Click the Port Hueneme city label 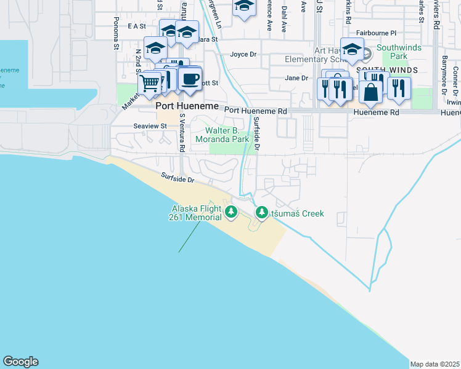[187, 106]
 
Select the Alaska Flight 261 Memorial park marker [231, 213]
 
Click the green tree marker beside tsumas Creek [261, 213]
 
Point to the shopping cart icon [150, 82]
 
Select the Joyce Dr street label [243, 54]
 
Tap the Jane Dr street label [296, 78]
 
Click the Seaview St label [150, 126]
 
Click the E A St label [136, 26]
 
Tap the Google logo [20, 362]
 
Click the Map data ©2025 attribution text [434, 364]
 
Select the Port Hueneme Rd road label [256, 111]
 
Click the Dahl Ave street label [284, 19]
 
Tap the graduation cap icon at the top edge [244, 6]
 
